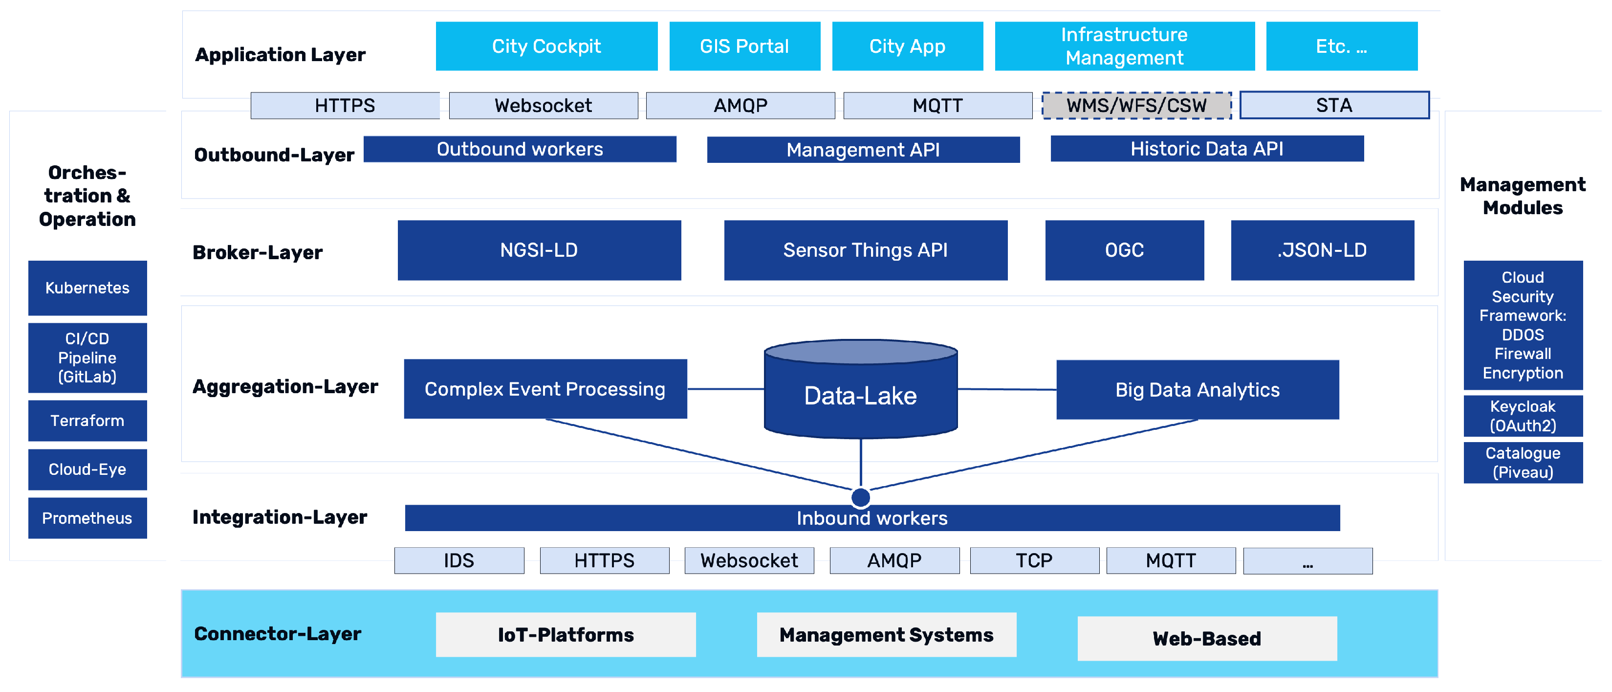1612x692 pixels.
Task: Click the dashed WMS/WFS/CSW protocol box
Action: [x=1136, y=105]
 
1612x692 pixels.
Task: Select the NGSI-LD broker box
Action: [x=539, y=250]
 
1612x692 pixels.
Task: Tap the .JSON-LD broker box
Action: [x=1322, y=250]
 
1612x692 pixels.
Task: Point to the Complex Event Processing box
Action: [x=545, y=389]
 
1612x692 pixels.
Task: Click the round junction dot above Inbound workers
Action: [x=860, y=497]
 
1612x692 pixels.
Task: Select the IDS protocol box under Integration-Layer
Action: [x=458, y=560]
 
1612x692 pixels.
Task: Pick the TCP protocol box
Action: [x=1034, y=560]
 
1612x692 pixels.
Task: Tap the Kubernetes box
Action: [x=87, y=288]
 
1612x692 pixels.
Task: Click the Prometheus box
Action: [x=87, y=518]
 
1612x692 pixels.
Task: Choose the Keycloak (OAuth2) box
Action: [x=1522, y=416]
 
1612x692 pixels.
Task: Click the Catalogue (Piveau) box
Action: [x=1522, y=463]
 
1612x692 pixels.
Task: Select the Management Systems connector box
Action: [x=886, y=634]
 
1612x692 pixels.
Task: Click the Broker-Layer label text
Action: [x=257, y=252]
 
